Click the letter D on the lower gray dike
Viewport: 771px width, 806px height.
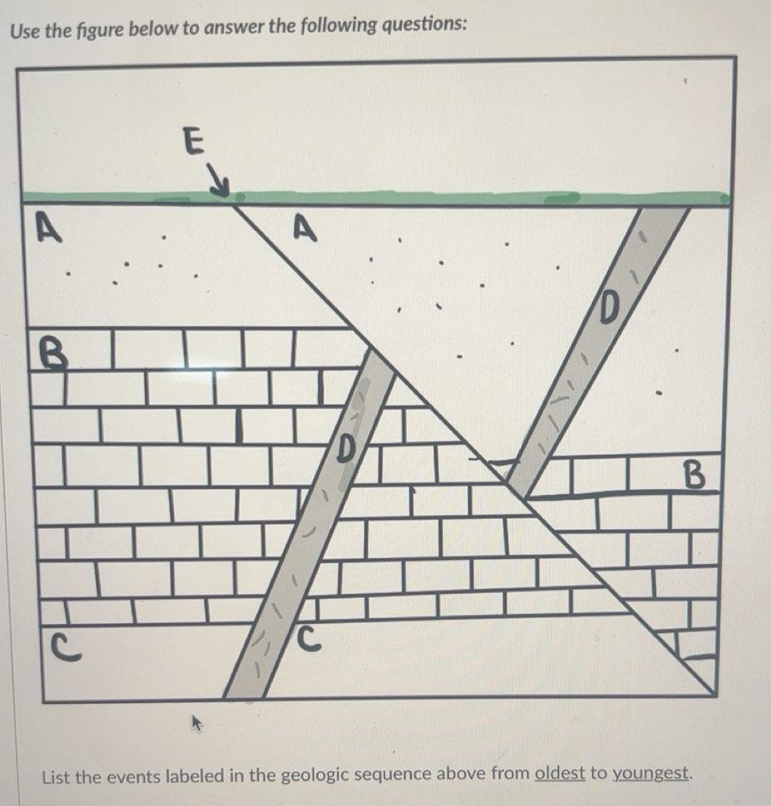click(345, 448)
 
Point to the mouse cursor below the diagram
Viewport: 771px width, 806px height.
click(197, 721)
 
